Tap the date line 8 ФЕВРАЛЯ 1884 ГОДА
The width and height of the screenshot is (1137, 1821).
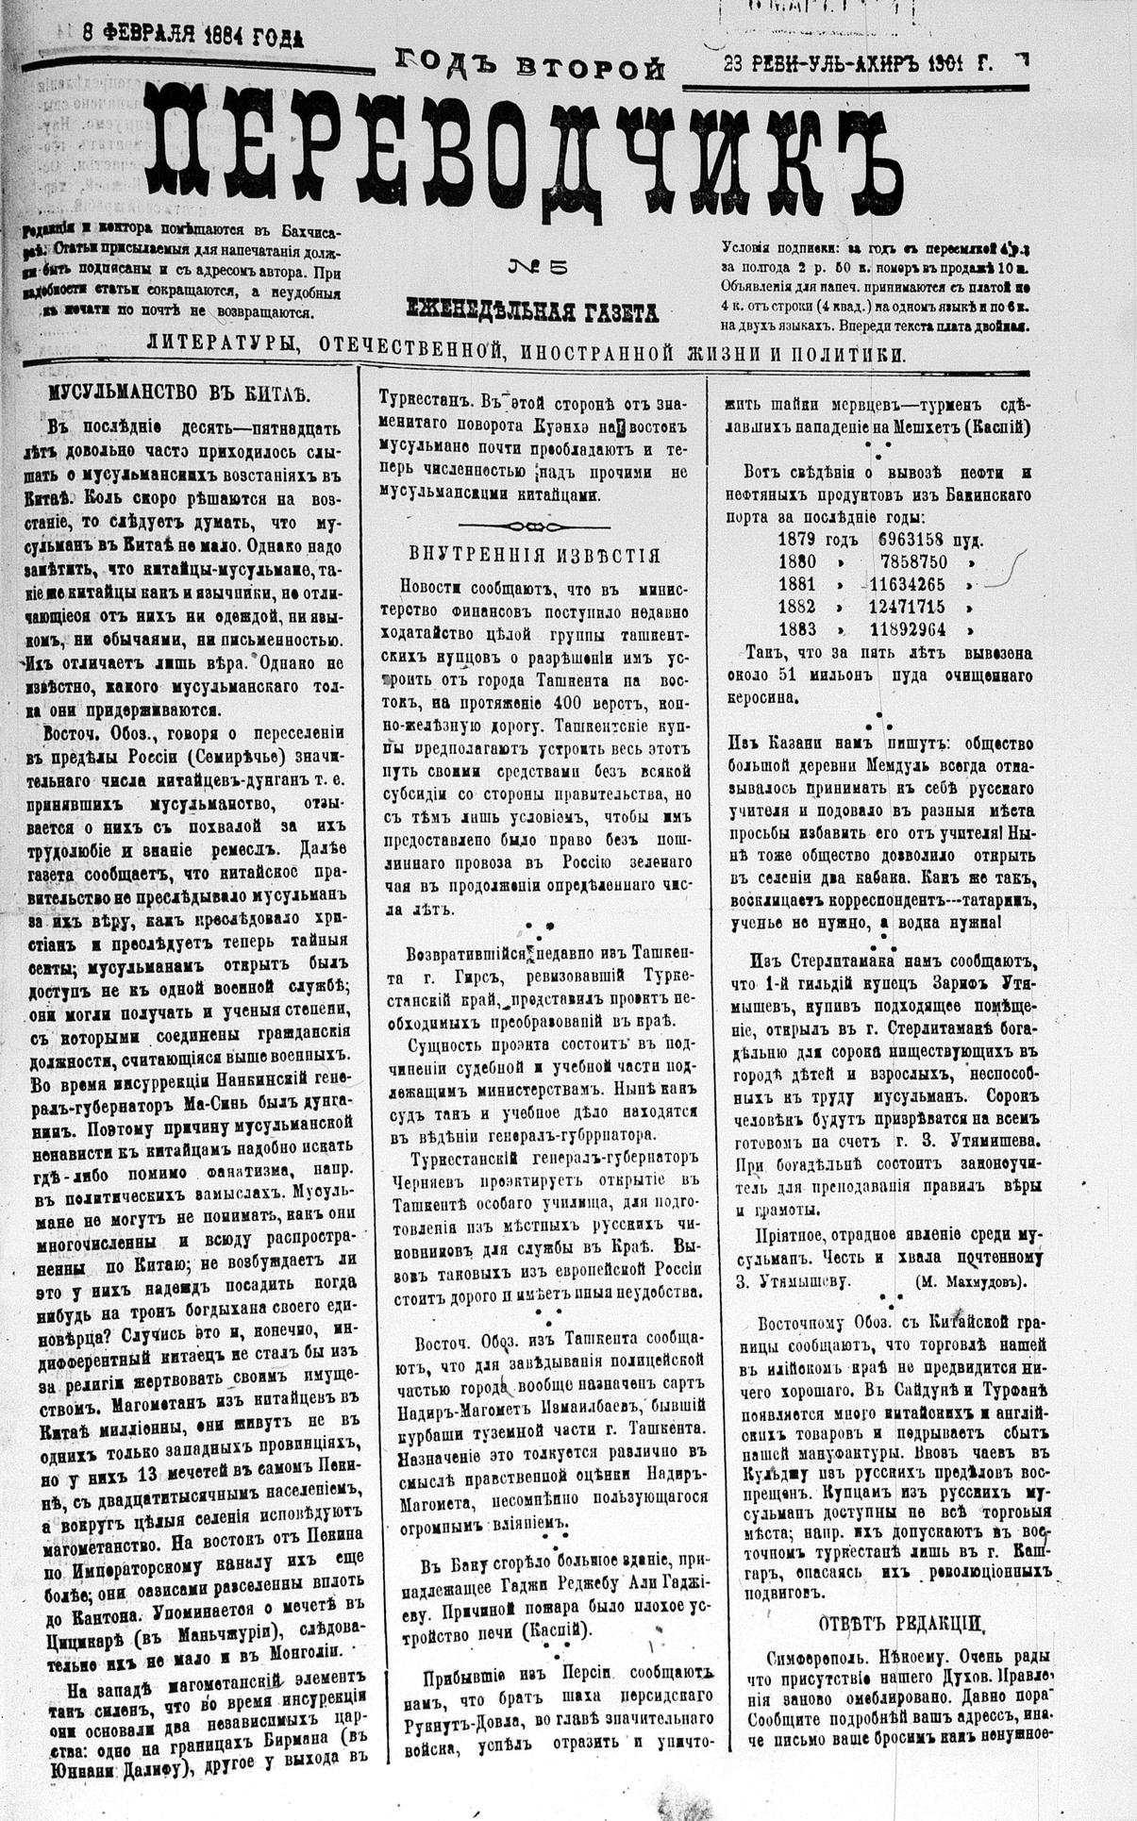coord(165,35)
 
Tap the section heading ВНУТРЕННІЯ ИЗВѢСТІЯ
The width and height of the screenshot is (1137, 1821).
coord(534,556)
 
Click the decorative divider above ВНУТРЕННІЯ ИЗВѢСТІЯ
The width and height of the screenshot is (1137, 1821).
coord(534,525)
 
